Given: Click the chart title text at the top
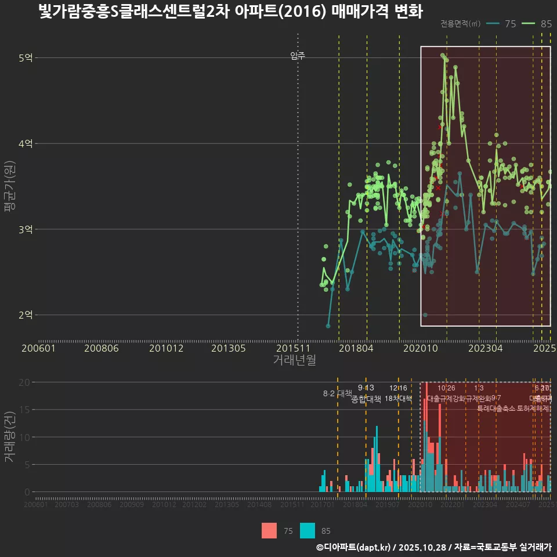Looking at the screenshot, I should pyautogui.click(x=230, y=12).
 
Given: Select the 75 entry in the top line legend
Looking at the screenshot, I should pyautogui.click(x=502, y=24).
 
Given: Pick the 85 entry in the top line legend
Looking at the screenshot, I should pyautogui.click(x=537, y=24).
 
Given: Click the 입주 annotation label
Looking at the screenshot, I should pyautogui.click(x=298, y=56).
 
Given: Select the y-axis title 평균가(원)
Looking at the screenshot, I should pyautogui.click(x=9, y=187).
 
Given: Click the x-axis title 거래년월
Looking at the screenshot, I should pyautogui.click(x=294, y=360).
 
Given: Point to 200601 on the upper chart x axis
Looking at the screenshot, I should pyautogui.click(x=38, y=348).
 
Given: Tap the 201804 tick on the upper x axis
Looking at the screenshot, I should pyautogui.click(x=356, y=348).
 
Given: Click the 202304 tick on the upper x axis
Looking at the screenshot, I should pyautogui.click(x=485, y=348).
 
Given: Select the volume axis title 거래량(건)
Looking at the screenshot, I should pyautogui.click(x=9, y=437).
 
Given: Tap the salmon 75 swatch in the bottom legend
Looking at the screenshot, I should pyautogui.click(x=269, y=530).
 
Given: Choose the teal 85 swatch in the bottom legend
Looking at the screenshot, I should pyautogui.click(x=308, y=530).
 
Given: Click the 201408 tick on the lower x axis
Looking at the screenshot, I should pyautogui.click(x=259, y=505).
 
